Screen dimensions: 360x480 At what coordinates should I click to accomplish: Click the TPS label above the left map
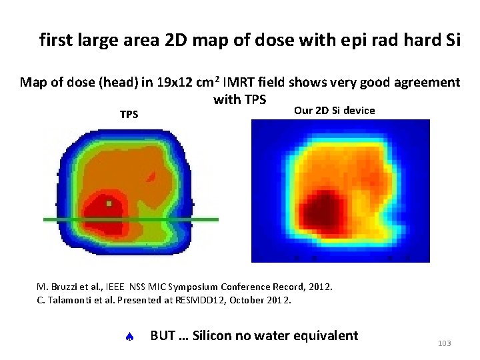click(129, 114)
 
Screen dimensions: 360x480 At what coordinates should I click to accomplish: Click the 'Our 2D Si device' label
click(334, 110)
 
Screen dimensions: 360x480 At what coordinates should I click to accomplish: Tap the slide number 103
click(445, 343)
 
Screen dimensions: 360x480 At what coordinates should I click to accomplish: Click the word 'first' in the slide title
click(56, 41)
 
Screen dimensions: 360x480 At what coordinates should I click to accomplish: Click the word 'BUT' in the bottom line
click(163, 335)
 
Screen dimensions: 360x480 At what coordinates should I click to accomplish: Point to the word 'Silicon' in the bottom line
click(214, 335)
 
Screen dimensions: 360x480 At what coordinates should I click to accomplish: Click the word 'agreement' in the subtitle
click(427, 83)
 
